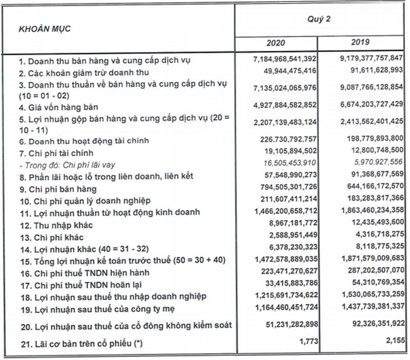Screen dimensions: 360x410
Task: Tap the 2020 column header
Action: coord(276,43)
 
